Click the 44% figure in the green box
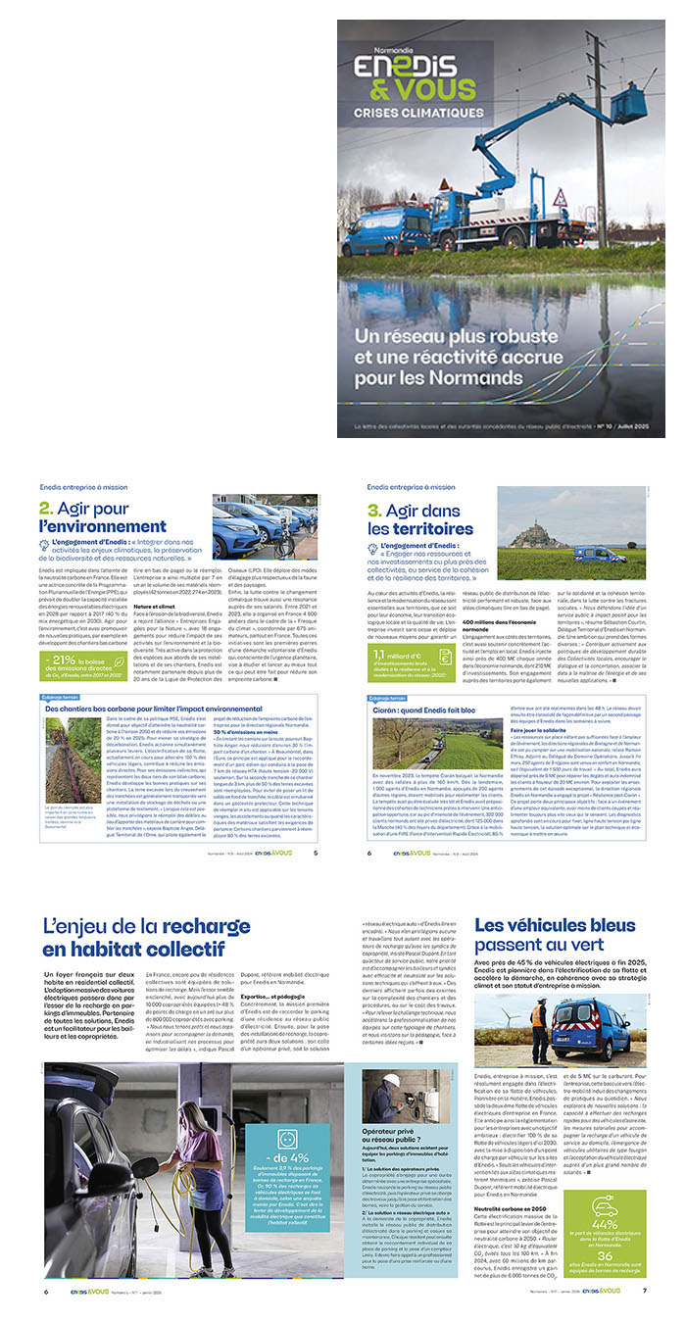605,1224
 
